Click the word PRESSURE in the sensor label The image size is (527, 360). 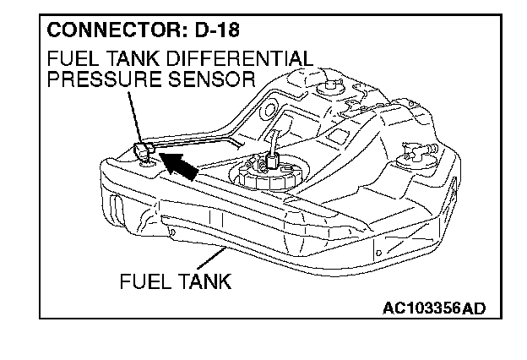click(x=95, y=81)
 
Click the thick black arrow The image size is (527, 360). click(x=182, y=164)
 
